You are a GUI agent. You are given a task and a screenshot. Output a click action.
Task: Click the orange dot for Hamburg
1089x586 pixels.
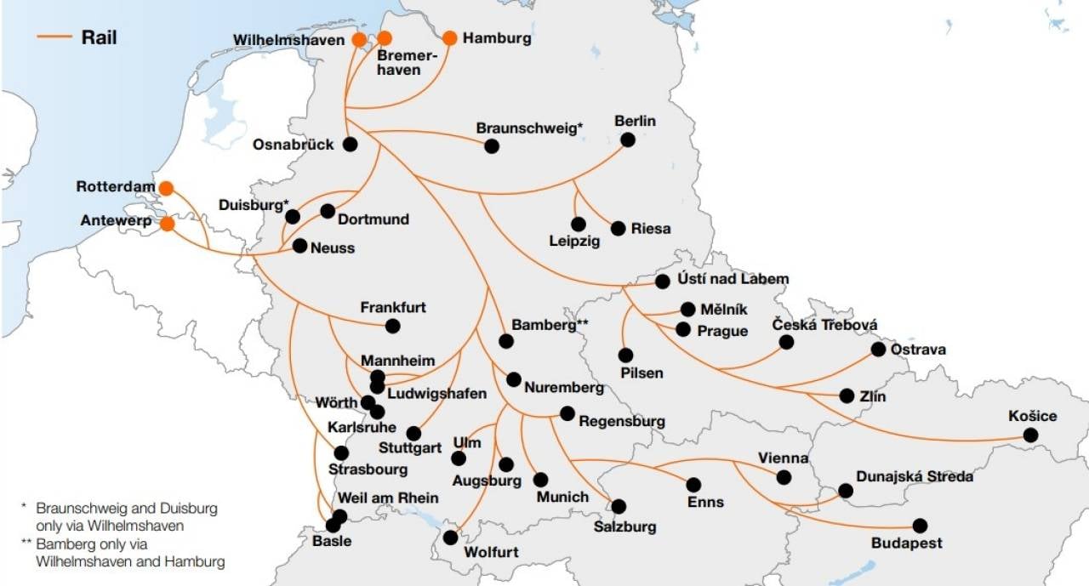click(x=450, y=38)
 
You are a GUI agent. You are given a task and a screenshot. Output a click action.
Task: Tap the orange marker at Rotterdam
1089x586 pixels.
click(x=167, y=188)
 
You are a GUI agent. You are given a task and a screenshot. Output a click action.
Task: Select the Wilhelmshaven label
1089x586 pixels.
click(x=289, y=40)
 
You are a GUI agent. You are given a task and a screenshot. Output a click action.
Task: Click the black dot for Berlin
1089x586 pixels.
click(x=628, y=140)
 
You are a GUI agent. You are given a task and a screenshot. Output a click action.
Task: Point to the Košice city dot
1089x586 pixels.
click(x=1030, y=435)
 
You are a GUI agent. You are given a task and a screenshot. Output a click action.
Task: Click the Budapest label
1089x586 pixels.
click(x=906, y=543)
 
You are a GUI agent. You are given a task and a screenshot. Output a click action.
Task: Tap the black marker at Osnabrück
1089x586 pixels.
click(x=350, y=145)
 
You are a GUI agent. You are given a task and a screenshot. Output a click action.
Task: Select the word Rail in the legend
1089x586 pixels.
click(x=99, y=37)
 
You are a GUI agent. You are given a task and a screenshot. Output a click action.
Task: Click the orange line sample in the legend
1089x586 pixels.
click(x=54, y=37)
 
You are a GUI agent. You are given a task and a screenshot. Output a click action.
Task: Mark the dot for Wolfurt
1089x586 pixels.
click(x=451, y=538)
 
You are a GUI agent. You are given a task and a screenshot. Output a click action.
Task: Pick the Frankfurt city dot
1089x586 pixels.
click(x=392, y=326)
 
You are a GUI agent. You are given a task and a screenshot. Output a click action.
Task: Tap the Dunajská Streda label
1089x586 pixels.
click(x=915, y=476)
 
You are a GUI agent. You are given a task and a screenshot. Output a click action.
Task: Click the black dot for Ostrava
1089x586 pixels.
click(x=878, y=350)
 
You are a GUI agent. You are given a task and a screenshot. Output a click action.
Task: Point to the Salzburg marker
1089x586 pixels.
click(x=619, y=507)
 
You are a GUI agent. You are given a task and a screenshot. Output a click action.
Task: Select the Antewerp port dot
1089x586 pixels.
click(x=168, y=225)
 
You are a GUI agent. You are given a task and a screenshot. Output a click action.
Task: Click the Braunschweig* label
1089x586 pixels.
click(x=529, y=128)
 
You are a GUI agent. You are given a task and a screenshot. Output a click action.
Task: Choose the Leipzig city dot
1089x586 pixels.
click(x=579, y=225)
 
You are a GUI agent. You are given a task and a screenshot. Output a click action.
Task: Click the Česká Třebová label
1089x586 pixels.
click(x=824, y=325)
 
